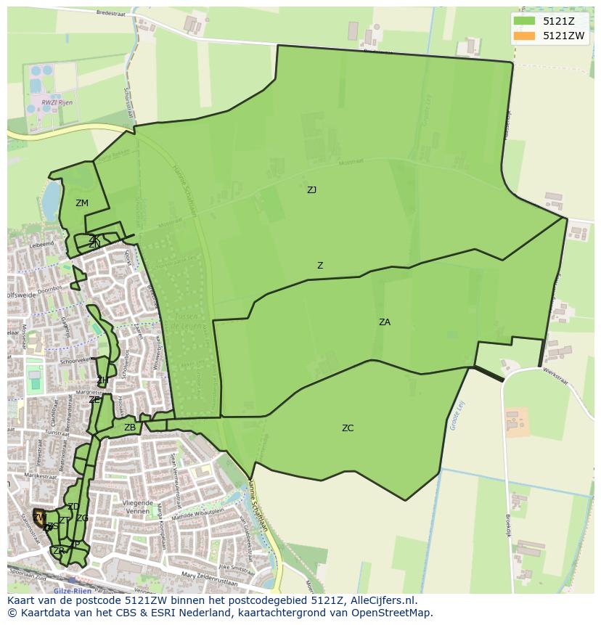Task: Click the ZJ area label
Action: (x=311, y=190)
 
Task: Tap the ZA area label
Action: (x=385, y=322)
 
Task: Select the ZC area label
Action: (x=348, y=428)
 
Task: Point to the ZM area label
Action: (x=82, y=203)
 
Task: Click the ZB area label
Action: (x=130, y=428)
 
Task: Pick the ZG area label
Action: (x=82, y=518)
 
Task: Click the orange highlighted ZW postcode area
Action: (x=38, y=518)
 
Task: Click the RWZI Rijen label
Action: (x=57, y=103)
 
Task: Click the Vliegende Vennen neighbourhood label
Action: (x=137, y=507)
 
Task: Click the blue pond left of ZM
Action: (x=51, y=201)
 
